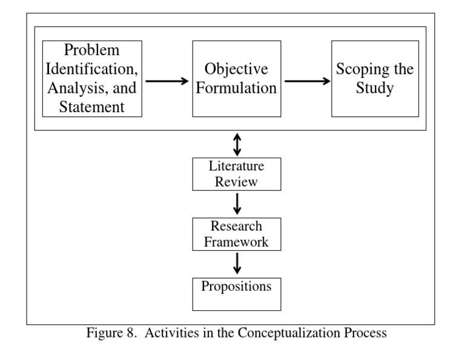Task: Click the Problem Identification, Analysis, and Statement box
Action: pos(92,79)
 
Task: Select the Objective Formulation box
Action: pos(236,79)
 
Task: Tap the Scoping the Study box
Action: pos(375,79)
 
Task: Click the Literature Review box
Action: pos(236,173)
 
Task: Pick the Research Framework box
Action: pos(236,234)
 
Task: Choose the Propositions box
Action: pos(236,294)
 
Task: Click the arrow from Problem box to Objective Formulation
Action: pos(167,80)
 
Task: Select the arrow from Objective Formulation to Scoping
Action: pos(307,80)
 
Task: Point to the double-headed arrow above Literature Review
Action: pos(237,144)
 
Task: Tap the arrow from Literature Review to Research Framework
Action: pos(237,203)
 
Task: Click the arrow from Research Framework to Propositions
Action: pos(237,263)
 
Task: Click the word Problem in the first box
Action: pos(92,50)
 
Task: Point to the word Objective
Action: pos(236,68)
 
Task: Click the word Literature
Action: pos(236,165)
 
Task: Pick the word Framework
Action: pos(236,242)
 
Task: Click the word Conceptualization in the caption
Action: pos(295,333)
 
